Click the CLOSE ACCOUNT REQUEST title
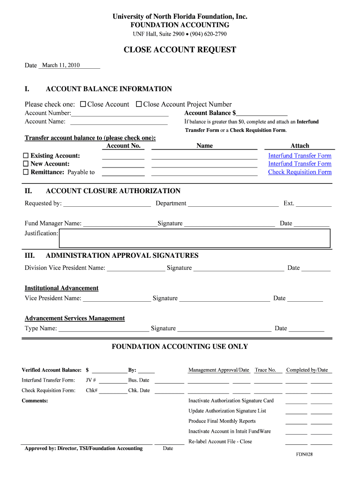(x=180, y=50)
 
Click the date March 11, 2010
(x=61, y=65)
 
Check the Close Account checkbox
(x=83, y=104)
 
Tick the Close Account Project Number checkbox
(x=139, y=104)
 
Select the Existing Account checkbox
(x=26, y=156)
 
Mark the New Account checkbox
(x=26, y=164)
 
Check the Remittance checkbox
(x=26, y=172)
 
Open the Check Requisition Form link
(x=300, y=172)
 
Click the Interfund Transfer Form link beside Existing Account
(x=300, y=156)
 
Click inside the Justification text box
(x=194, y=238)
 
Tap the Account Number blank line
(x=120, y=114)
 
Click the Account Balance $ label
(x=210, y=113)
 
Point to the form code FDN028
(x=304, y=454)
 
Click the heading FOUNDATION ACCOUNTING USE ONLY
(x=180, y=347)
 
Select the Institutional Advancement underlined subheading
(x=61, y=288)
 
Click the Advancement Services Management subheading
(x=74, y=319)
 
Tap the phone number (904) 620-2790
(x=209, y=34)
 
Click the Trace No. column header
(x=265, y=370)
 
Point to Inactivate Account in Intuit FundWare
(x=229, y=431)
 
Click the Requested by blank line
(x=107, y=204)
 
